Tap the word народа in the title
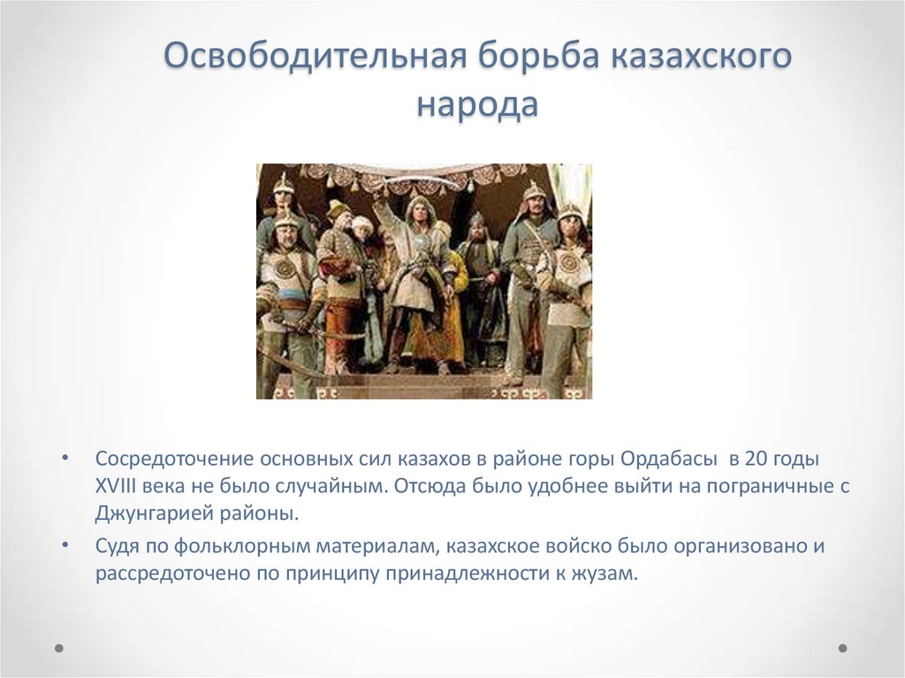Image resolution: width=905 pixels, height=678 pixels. point(476,105)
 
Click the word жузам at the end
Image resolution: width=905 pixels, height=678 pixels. point(606,572)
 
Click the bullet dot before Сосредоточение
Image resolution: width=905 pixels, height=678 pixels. point(66,461)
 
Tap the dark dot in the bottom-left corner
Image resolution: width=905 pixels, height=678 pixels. point(59,648)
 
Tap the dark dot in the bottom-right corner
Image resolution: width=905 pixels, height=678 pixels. point(842,648)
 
